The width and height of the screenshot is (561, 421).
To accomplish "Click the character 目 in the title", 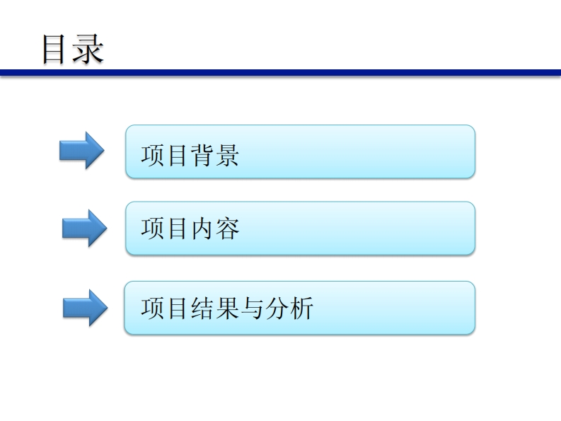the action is coord(55,48).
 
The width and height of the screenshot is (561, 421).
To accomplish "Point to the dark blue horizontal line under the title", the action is coord(280,73).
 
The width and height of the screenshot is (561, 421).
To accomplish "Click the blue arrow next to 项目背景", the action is coord(81,150).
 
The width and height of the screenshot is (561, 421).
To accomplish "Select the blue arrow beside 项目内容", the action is coord(85,227).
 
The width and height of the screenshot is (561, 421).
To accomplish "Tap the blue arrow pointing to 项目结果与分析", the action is coord(85,307).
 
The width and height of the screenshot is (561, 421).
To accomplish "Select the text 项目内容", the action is coord(190,229).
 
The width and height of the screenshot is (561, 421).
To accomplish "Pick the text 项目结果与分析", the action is coord(226,308).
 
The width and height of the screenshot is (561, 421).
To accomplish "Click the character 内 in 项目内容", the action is coord(202,229).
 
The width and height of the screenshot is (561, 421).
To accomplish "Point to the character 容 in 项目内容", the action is coord(228,229).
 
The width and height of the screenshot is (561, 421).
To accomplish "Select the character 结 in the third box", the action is coord(202,308).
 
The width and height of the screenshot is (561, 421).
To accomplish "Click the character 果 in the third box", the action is coord(228,308).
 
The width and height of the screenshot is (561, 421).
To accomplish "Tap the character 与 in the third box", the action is coord(253,308).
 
